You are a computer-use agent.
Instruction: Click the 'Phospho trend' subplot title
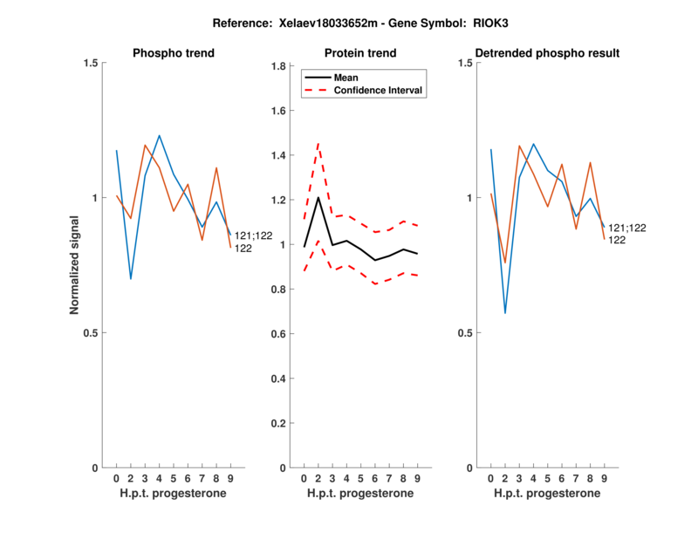coord(174,53)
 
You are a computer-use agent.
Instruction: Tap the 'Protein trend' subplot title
coord(360,53)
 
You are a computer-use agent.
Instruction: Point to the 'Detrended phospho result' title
coord(547,53)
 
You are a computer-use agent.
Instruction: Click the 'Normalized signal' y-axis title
coord(75,265)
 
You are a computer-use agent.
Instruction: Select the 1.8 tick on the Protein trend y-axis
coord(279,66)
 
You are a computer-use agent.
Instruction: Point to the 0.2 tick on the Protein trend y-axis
coord(279,423)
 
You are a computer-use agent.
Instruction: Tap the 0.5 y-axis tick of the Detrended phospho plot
coord(466,333)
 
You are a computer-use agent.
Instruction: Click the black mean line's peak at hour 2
coord(318,197)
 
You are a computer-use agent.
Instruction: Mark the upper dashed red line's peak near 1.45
coord(318,143)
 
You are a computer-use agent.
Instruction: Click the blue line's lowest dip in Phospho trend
coord(131,279)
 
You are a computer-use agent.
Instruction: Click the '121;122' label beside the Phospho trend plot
coord(253,235)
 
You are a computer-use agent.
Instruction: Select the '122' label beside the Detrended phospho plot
coord(616,240)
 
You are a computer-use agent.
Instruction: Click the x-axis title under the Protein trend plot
coord(360,494)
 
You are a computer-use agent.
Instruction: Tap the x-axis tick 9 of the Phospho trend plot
coord(230,479)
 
